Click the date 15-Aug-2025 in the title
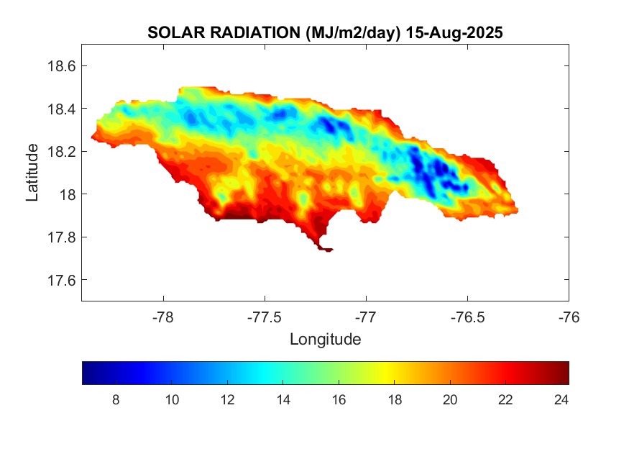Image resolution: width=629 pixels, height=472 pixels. pyautogui.click(x=454, y=33)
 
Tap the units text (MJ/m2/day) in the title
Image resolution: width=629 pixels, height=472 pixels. pyautogui.click(x=353, y=33)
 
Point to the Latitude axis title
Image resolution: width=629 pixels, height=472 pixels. pyautogui.click(x=32, y=173)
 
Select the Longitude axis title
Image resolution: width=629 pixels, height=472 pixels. pyautogui.click(x=325, y=339)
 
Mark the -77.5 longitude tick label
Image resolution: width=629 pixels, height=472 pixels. pyautogui.click(x=265, y=317)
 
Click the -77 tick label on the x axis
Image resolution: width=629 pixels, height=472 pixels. pyautogui.click(x=366, y=317)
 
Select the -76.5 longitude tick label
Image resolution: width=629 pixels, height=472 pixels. pyautogui.click(x=467, y=317)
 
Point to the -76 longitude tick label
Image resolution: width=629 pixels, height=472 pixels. pyautogui.click(x=569, y=317)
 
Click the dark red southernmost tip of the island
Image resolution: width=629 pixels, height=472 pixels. pyautogui.click(x=326, y=249)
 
